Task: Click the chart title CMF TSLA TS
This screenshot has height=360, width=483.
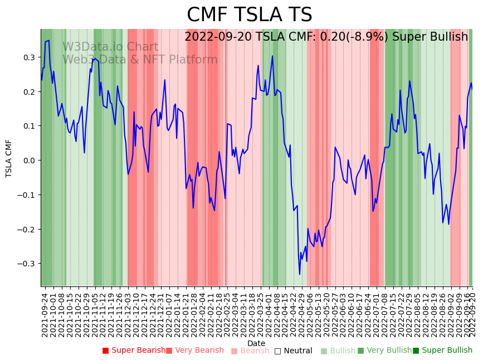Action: [x=249, y=15]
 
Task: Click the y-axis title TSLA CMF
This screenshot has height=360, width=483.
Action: [x=9, y=158]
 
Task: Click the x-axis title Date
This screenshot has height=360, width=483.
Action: [x=256, y=343]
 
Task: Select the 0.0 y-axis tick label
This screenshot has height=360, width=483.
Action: [x=29, y=160]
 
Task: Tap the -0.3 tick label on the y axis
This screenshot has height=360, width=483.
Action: [x=27, y=264]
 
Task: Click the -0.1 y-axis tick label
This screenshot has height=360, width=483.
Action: [x=27, y=195]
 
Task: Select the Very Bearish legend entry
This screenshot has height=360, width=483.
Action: [x=198, y=351]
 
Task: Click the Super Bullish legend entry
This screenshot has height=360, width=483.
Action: [x=446, y=351]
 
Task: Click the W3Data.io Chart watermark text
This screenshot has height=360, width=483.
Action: [x=110, y=47]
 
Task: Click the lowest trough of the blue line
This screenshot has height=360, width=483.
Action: [x=300, y=274]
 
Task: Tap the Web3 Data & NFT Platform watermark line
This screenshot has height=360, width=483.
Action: [x=140, y=60]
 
